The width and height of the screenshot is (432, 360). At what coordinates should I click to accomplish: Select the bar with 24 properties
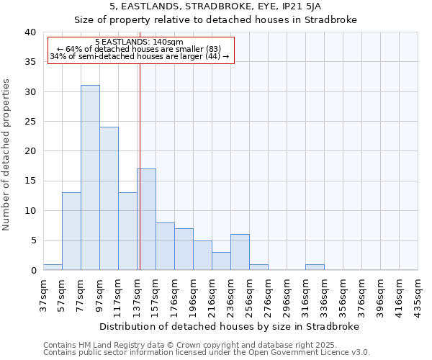109,199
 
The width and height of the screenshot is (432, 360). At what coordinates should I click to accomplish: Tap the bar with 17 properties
147,220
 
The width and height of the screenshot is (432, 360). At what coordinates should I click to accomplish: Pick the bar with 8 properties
165,246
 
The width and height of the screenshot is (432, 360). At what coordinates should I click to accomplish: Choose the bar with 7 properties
184,249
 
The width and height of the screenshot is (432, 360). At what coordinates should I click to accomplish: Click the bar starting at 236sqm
240,252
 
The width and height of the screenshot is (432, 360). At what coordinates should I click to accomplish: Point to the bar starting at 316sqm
315,267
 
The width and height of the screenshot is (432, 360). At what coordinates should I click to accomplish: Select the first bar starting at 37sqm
53,267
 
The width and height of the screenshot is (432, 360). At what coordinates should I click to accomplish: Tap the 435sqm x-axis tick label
418,295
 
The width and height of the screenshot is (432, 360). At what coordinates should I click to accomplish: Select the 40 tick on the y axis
30,32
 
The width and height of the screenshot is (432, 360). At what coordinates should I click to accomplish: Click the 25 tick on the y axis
30,122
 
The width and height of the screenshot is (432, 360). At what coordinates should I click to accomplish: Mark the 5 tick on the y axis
33,240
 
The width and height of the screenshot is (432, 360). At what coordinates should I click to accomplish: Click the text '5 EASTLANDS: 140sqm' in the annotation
139,42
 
